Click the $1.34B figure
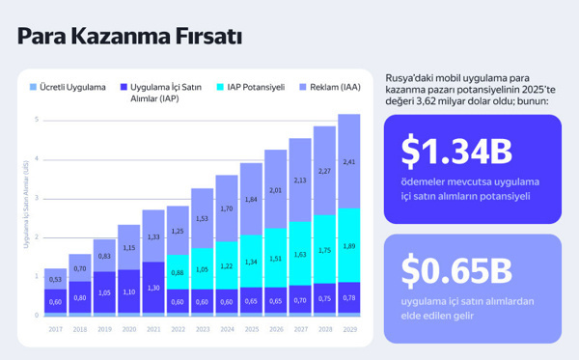tap(456, 152)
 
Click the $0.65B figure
tap(455, 270)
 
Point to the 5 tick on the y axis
tap(37, 120)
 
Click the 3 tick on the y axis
tap(37, 198)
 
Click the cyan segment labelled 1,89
tap(349, 245)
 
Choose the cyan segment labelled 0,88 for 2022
tap(178, 272)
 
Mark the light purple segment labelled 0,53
tap(55, 279)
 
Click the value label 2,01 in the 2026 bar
tap(276, 190)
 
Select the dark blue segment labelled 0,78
tap(349, 298)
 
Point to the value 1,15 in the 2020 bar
tap(128, 248)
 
